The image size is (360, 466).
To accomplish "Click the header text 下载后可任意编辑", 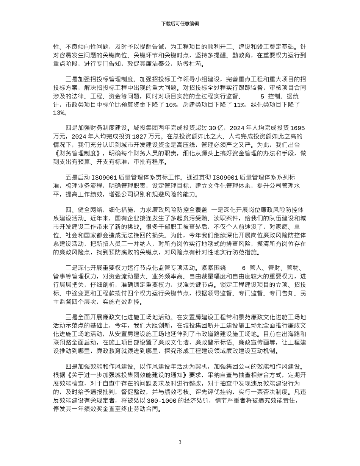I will pyautogui.click(x=180, y=23).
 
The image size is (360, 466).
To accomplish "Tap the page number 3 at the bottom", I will pyautogui.click(x=180, y=442).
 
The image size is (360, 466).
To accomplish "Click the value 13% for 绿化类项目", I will pyautogui.click(x=59, y=113).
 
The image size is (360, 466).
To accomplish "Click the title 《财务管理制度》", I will pyautogui.click(x=78, y=153).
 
